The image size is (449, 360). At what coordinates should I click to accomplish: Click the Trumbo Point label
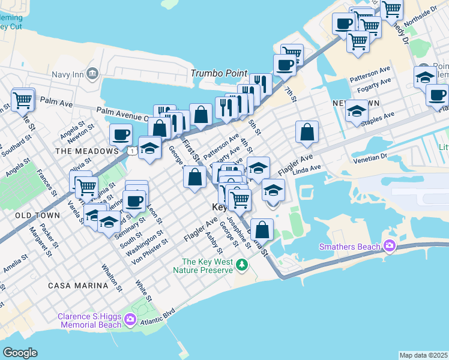[x=219, y=73]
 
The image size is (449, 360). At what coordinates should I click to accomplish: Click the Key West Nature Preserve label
[x=207, y=266]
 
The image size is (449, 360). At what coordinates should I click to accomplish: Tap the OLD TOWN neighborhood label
[x=37, y=215]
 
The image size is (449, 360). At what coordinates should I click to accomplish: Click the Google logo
[x=20, y=352]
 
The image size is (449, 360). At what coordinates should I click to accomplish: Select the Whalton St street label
[x=112, y=277]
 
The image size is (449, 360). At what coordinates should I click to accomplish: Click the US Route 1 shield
[x=130, y=151]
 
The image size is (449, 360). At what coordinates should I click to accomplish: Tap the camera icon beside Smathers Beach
[x=390, y=246]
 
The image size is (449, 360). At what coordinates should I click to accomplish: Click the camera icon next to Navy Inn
[x=92, y=73]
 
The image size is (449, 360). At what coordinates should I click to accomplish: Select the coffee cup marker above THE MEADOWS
[x=121, y=134]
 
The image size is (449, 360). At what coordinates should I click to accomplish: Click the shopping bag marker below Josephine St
[x=262, y=229]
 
